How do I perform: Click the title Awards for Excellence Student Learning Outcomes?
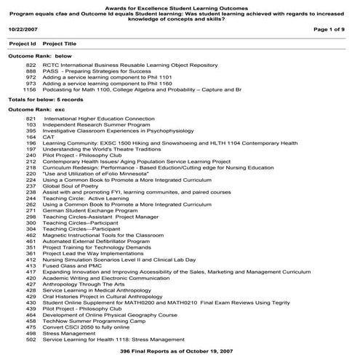pos(180,4)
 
